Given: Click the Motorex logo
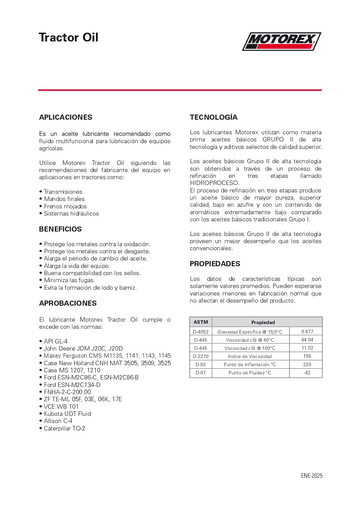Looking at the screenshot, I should coord(281,41).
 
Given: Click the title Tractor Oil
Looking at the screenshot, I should coord(68,37).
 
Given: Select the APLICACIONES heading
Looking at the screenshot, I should coord(66,117).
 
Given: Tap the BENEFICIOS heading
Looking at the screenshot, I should coord(60,229).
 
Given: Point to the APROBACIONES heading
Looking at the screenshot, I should coord(68,303).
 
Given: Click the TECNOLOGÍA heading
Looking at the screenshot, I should coord(213,117).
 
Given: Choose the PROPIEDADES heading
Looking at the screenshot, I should coord(215,264).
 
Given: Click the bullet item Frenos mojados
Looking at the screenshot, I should coord(65,206).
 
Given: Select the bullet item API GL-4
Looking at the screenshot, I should coord(55,341).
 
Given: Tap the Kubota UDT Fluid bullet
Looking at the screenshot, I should coord(67,414).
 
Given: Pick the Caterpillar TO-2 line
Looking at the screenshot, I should coord(64,428).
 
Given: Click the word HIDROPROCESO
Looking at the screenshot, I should coord(214,183).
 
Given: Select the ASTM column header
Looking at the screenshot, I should coord(201,322).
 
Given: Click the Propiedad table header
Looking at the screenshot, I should coord(263,322).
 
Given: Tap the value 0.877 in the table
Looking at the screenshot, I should coord(307,332).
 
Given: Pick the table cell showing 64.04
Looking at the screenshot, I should coord(307,340).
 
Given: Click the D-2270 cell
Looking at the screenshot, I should coord(201,356).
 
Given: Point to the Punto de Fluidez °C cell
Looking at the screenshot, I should coord(250,373).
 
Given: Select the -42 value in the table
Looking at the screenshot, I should coord(307,373).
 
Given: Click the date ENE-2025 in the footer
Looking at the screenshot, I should coord(311,476).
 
